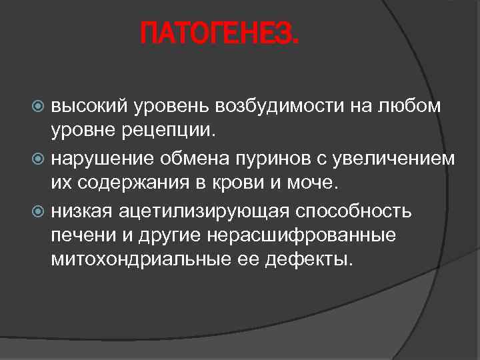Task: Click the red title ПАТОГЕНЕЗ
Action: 221,33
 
